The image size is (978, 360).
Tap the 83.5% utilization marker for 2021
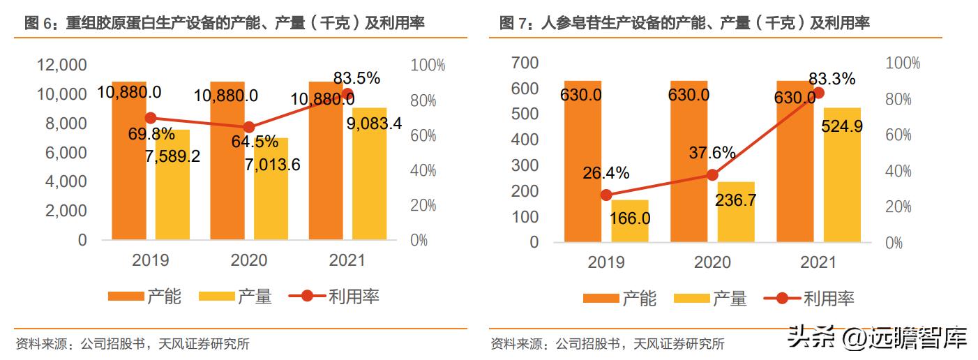(x=347, y=94)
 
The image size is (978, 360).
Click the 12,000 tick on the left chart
(x=61, y=66)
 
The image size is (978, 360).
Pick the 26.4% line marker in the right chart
(x=606, y=195)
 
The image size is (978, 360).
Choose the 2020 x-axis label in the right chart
(x=712, y=263)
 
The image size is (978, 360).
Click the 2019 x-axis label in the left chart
(x=150, y=261)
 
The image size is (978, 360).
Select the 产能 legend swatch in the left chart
(x=126, y=297)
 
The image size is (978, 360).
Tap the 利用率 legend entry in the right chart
(x=809, y=299)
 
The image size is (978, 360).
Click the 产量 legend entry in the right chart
(x=710, y=299)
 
